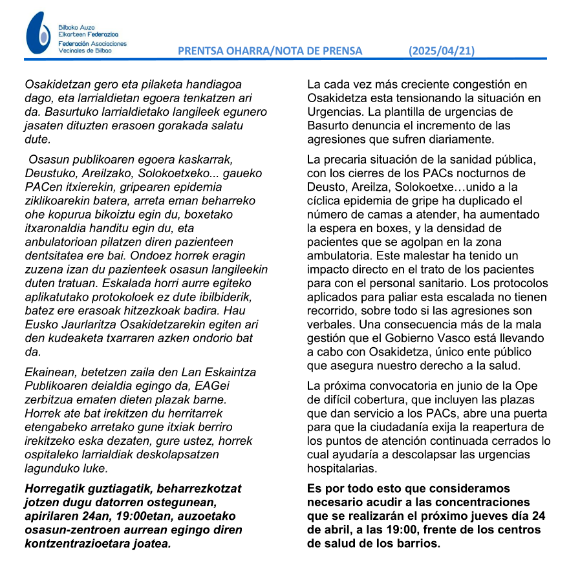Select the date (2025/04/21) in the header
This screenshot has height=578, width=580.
click(442, 51)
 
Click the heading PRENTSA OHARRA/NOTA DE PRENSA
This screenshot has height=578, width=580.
click(270, 51)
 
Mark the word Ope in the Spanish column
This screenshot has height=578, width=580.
click(531, 386)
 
